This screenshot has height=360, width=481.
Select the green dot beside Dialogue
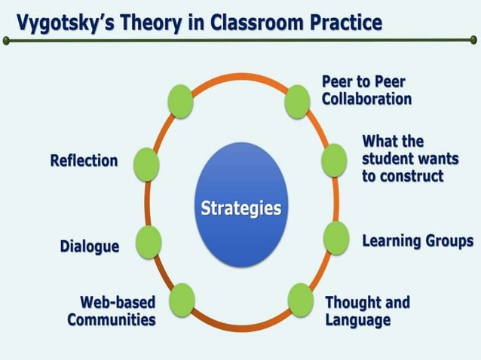[x=149, y=241]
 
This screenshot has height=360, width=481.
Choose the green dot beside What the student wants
[x=333, y=160]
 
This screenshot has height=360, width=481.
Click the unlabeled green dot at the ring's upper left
[x=180, y=101]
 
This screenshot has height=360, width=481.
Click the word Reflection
[x=84, y=160]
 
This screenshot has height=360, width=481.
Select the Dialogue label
[x=89, y=246]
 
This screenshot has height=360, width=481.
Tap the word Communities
[x=112, y=319]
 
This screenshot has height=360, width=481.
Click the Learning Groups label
[x=418, y=241]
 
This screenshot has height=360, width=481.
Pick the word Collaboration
[x=366, y=99]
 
